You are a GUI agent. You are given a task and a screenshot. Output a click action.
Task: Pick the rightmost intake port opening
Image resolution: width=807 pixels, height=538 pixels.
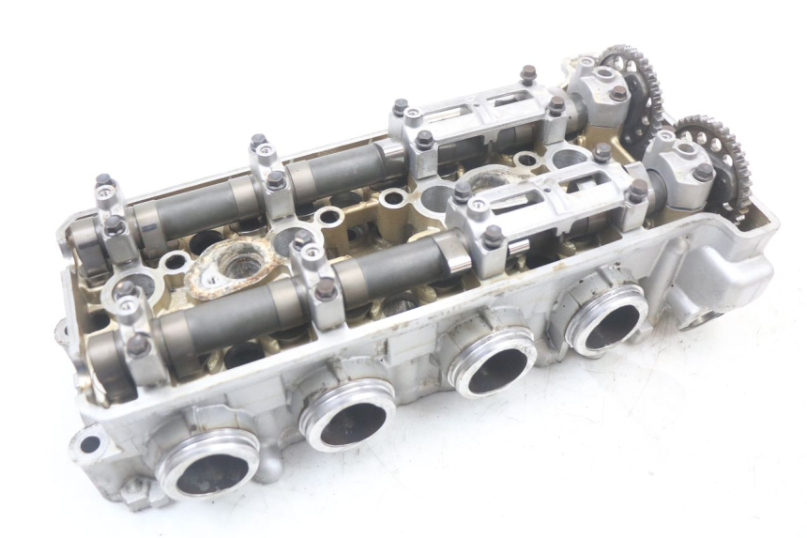click(x=609, y=319)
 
